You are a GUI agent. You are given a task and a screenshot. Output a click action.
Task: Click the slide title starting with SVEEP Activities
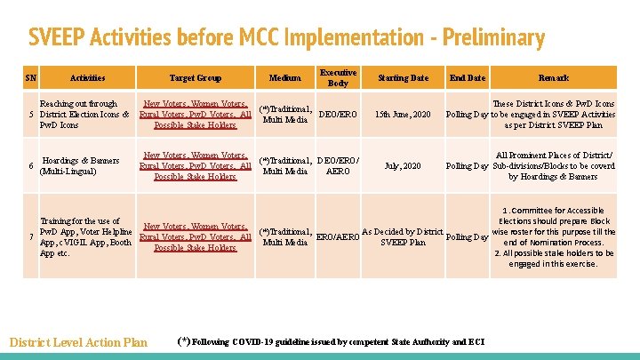click(x=285, y=38)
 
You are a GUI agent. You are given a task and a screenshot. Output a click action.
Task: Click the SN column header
click(x=30, y=78)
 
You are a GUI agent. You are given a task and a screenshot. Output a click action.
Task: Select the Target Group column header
click(x=195, y=78)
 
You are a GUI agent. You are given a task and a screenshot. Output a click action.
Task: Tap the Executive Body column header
click(x=338, y=78)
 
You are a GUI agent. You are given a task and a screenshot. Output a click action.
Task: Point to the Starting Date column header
click(x=403, y=78)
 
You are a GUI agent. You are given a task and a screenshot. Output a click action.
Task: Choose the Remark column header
click(x=554, y=78)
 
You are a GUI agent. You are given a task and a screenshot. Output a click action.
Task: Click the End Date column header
click(x=468, y=78)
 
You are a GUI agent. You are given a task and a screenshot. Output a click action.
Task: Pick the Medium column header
click(x=284, y=78)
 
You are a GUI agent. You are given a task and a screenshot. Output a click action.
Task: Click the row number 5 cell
click(x=31, y=115)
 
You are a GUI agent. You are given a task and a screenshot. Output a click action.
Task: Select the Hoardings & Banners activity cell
click(x=80, y=165)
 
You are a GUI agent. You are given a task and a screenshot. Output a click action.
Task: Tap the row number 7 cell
click(x=31, y=237)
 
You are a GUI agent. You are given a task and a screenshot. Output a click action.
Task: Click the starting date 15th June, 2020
click(x=403, y=115)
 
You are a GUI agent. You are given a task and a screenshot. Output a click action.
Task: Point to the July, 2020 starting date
click(x=403, y=165)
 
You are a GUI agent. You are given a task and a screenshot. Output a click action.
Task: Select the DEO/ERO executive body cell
click(x=338, y=115)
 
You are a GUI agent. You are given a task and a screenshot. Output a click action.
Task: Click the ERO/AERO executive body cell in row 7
click(x=338, y=237)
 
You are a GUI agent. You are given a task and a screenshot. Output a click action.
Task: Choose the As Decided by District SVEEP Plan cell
click(x=403, y=237)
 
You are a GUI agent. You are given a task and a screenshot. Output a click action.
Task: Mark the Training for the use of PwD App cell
click(x=84, y=237)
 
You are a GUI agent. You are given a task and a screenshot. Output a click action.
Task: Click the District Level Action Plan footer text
click(x=78, y=342)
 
